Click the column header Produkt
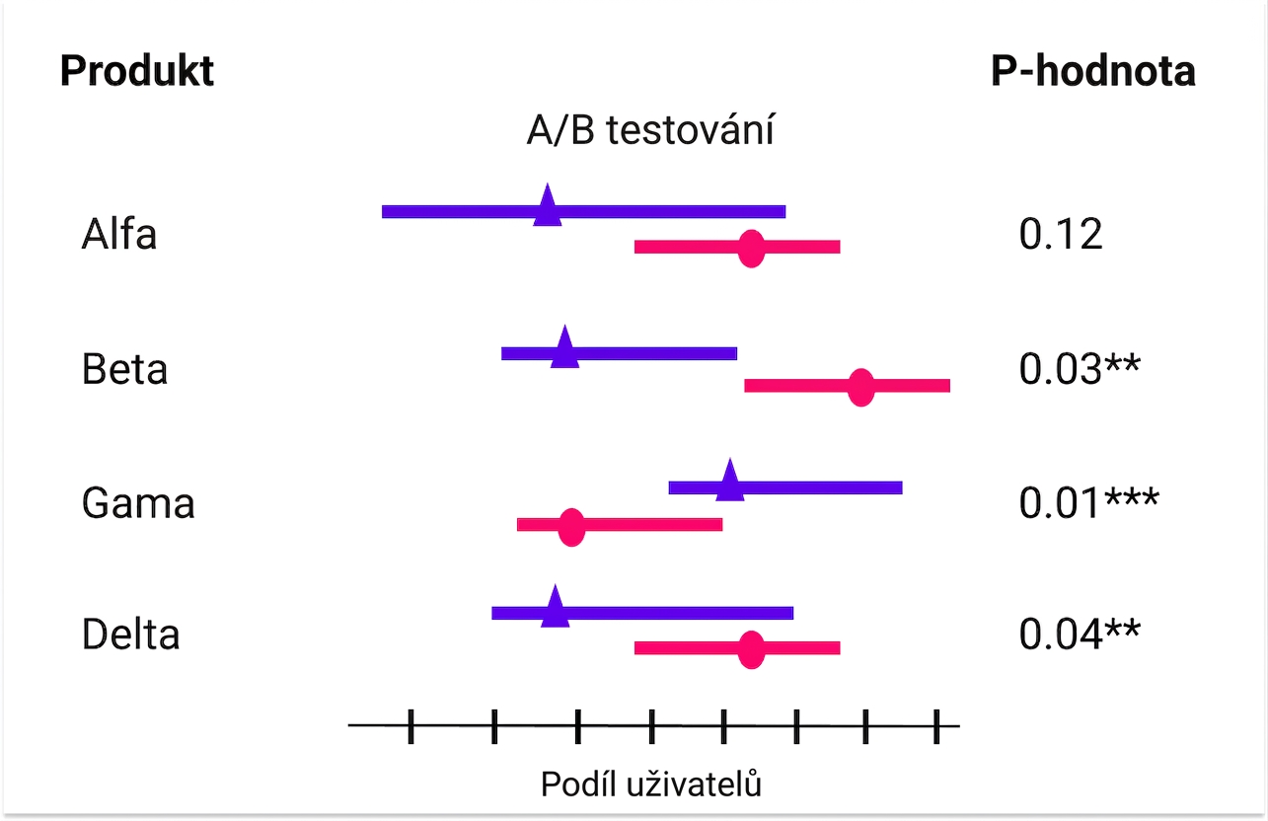pyautogui.click(x=137, y=71)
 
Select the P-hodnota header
pyautogui.click(x=1093, y=71)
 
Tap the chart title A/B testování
pyautogui.click(x=650, y=129)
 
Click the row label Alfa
pyautogui.click(x=118, y=234)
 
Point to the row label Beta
pyautogui.click(x=124, y=369)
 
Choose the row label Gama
pyautogui.click(x=138, y=503)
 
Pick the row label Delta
pyautogui.click(x=131, y=634)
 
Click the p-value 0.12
pyautogui.click(x=1061, y=234)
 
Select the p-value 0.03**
pyautogui.click(x=1080, y=368)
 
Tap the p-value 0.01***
pyautogui.click(x=1089, y=502)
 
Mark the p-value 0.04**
pyautogui.click(x=1080, y=634)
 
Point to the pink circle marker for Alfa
pyautogui.click(x=751, y=249)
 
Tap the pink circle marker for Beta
pyautogui.click(x=861, y=387)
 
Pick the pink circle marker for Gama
pyautogui.click(x=571, y=527)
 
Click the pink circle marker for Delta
pyautogui.click(x=751, y=650)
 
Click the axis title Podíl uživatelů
pyautogui.click(x=651, y=784)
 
